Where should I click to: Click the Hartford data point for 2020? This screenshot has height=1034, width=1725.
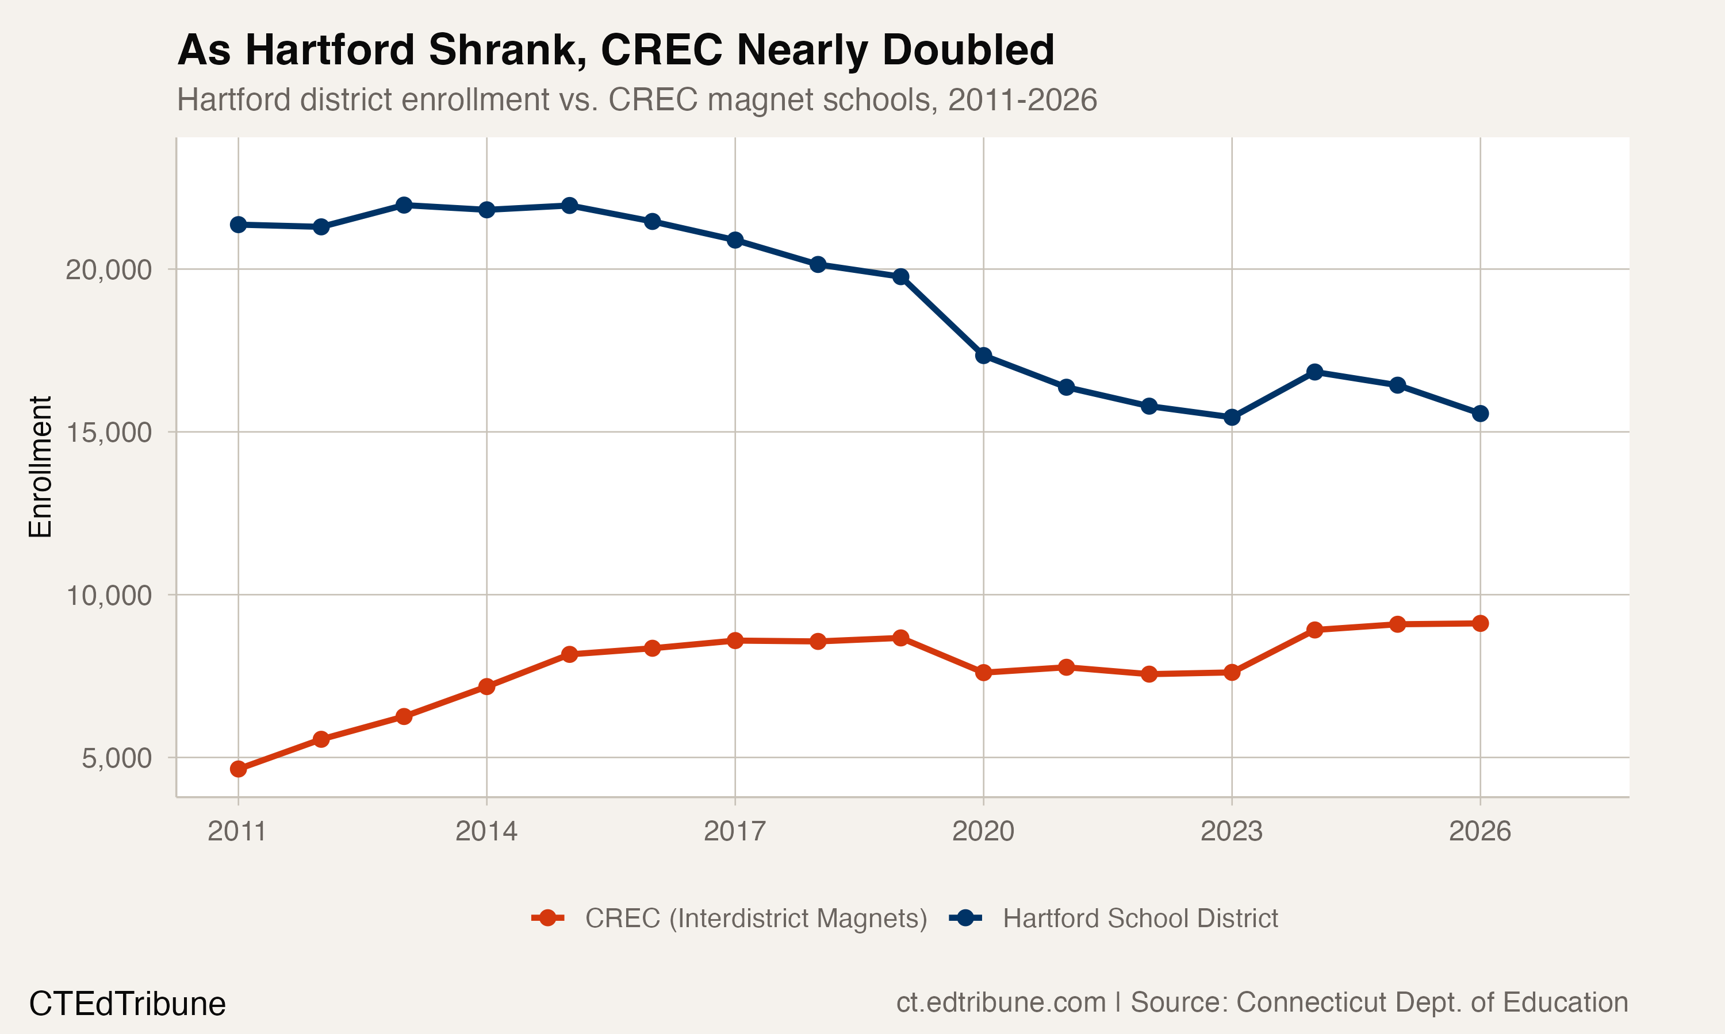tap(983, 356)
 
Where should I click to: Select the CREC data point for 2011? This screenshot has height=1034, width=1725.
tap(239, 769)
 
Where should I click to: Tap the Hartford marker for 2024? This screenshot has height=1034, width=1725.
tap(1314, 372)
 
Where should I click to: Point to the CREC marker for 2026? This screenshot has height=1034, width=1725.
tap(1479, 623)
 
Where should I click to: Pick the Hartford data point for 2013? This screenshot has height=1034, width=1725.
tap(404, 205)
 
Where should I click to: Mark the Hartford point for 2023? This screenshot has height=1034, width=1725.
tap(1231, 418)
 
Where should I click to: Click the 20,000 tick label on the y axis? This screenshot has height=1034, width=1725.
tap(108, 269)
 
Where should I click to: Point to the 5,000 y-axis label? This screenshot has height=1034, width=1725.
tap(117, 758)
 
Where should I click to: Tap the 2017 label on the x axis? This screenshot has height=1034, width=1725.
tap(734, 831)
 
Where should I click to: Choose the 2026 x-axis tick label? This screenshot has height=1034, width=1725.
tap(1479, 831)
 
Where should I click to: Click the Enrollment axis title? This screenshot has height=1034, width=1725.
tap(40, 467)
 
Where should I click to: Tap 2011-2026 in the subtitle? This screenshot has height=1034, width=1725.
tap(1022, 99)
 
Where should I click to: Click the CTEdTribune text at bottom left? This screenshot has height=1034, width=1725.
tap(127, 1004)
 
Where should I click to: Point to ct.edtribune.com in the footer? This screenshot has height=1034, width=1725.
tap(1000, 1002)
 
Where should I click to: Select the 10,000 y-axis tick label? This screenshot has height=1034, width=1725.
tap(108, 596)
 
